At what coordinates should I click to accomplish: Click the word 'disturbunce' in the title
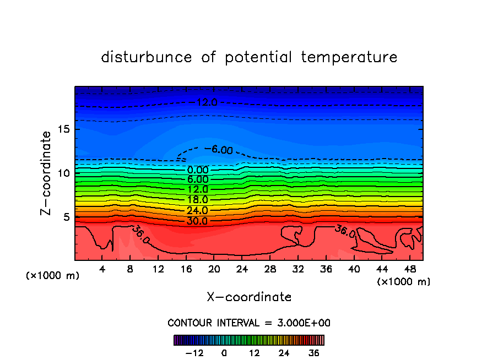146,57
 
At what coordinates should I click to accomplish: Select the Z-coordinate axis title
46,173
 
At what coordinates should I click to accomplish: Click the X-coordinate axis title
249,297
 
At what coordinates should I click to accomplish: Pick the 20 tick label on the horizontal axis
214,269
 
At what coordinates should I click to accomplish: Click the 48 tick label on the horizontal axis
410,269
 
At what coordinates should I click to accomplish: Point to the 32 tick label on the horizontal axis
298,269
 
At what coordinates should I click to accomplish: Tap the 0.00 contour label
198,170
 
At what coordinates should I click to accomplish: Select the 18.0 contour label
198,200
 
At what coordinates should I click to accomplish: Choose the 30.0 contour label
198,221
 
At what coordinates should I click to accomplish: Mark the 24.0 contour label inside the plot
198,210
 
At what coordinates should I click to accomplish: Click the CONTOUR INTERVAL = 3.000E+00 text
249,323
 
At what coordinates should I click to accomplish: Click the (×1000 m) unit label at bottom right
404,282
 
